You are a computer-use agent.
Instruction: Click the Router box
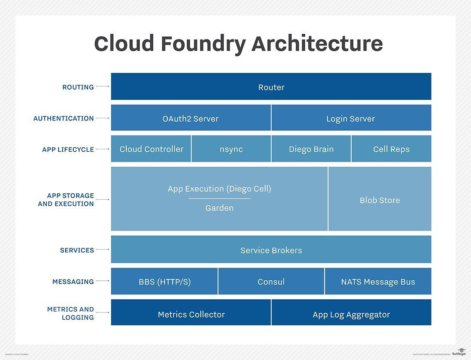[271, 87]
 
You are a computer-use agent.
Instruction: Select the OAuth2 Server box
[191, 118]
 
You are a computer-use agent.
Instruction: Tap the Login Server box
[351, 118]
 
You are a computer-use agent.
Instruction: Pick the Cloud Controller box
[151, 149]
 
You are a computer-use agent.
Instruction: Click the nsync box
[231, 149]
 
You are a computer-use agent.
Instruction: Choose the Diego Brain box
[311, 149]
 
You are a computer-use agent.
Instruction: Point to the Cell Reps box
[391, 149]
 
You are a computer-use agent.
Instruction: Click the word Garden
[219, 208]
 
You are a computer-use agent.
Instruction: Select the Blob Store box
[380, 200]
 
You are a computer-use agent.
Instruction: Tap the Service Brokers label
[271, 250]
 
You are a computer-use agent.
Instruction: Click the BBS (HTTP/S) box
[164, 282]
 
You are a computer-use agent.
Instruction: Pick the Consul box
[271, 282]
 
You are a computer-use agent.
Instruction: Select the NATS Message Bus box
[378, 282]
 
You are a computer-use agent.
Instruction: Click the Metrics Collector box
[191, 314]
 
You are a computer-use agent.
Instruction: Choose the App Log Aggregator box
[351, 314]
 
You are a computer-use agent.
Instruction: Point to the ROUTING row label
[78, 87]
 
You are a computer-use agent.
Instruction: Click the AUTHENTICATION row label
[63, 118]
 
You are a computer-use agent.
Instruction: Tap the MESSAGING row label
[73, 282]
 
